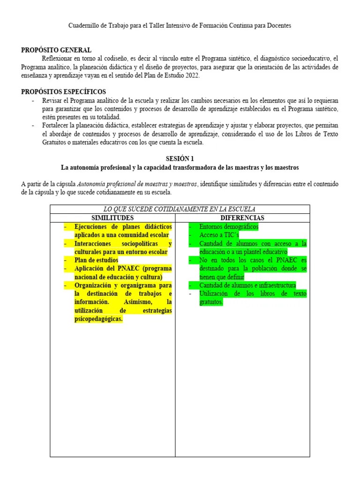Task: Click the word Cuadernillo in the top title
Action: click(84, 25)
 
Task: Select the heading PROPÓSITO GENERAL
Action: click(56, 50)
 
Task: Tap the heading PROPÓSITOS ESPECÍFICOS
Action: click(64, 92)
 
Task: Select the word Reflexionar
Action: click(58, 59)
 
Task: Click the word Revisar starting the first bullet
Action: click(53, 100)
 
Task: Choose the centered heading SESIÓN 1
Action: click(180, 159)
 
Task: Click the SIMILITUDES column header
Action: click(112, 218)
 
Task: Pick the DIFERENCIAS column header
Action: click(242, 218)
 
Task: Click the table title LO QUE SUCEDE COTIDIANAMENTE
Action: click(180, 209)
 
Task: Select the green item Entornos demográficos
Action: click(229, 227)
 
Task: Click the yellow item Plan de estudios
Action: click(97, 260)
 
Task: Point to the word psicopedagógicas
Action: click(98, 319)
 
